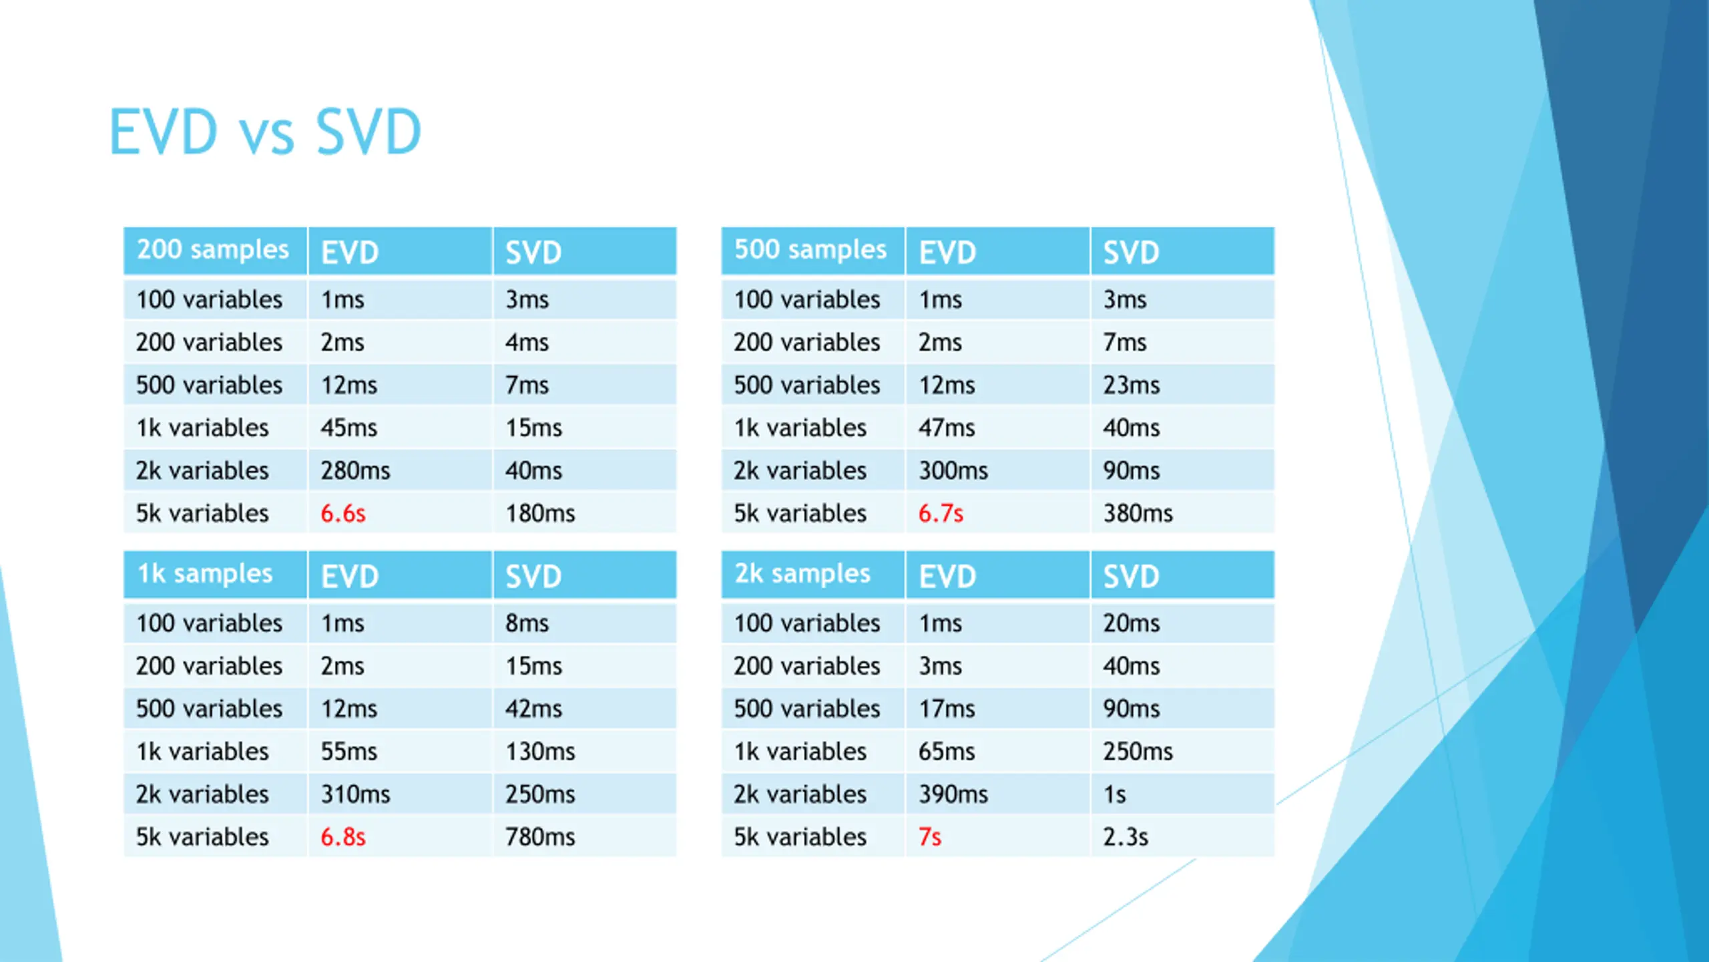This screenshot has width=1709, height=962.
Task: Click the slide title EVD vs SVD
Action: (x=265, y=132)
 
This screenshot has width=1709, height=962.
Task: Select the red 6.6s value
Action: (x=343, y=514)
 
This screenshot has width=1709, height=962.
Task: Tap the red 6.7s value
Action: (x=941, y=514)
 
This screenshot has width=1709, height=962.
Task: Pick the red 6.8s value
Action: (x=343, y=837)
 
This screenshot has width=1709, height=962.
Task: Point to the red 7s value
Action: (x=930, y=837)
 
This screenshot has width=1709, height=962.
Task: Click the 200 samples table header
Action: (x=213, y=250)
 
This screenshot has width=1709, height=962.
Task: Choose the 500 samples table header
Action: (x=810, y=250)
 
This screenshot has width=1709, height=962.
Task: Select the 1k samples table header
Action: (x=205, y=574)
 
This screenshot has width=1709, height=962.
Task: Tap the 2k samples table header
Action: (x=802, y=574)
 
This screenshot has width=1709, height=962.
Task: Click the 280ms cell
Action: (x=355, y=471)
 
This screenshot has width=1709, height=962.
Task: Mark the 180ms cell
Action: (x=540, y=514)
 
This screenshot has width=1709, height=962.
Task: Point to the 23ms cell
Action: (x=1132, y=385)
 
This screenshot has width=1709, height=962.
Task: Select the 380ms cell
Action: (x=1138, y=514)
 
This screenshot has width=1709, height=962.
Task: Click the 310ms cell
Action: (x=355, y=794)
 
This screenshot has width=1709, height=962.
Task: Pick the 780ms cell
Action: (x=540, y=837)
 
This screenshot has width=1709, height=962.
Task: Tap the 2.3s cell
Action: (x=1126, y=837)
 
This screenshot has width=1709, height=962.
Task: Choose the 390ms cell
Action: (x=953, y=794)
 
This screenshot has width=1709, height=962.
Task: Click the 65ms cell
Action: (x=947, y=752)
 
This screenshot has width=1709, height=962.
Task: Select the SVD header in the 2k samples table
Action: (x=1131, y=576)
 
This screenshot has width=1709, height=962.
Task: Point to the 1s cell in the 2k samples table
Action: (x=1114, y=794)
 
